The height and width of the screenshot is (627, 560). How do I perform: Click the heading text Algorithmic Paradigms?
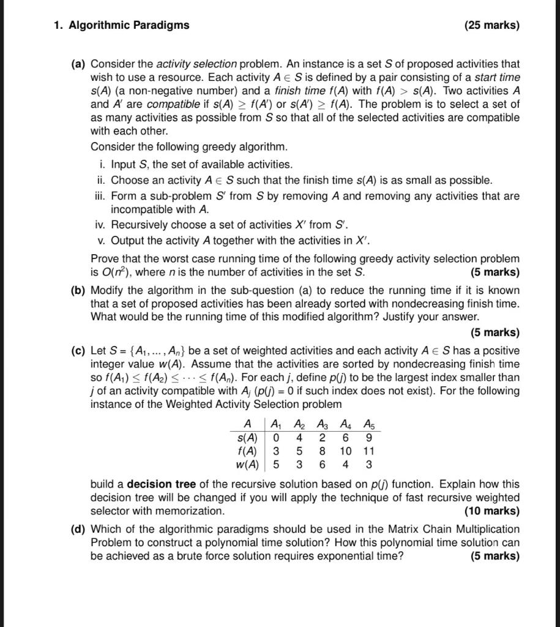coord(129,25)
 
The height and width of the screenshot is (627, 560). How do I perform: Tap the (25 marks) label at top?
coord(491,25)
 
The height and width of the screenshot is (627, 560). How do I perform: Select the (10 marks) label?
coord(491,511)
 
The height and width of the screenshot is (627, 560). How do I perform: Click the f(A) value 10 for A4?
coord(346,451)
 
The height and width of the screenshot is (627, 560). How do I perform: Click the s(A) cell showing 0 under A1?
coord(276,438)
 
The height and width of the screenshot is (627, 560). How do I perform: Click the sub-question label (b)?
coord(78,290)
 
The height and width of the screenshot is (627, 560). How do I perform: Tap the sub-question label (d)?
coord(78,529)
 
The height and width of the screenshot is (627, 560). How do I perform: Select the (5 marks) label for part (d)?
coord(495,556)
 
